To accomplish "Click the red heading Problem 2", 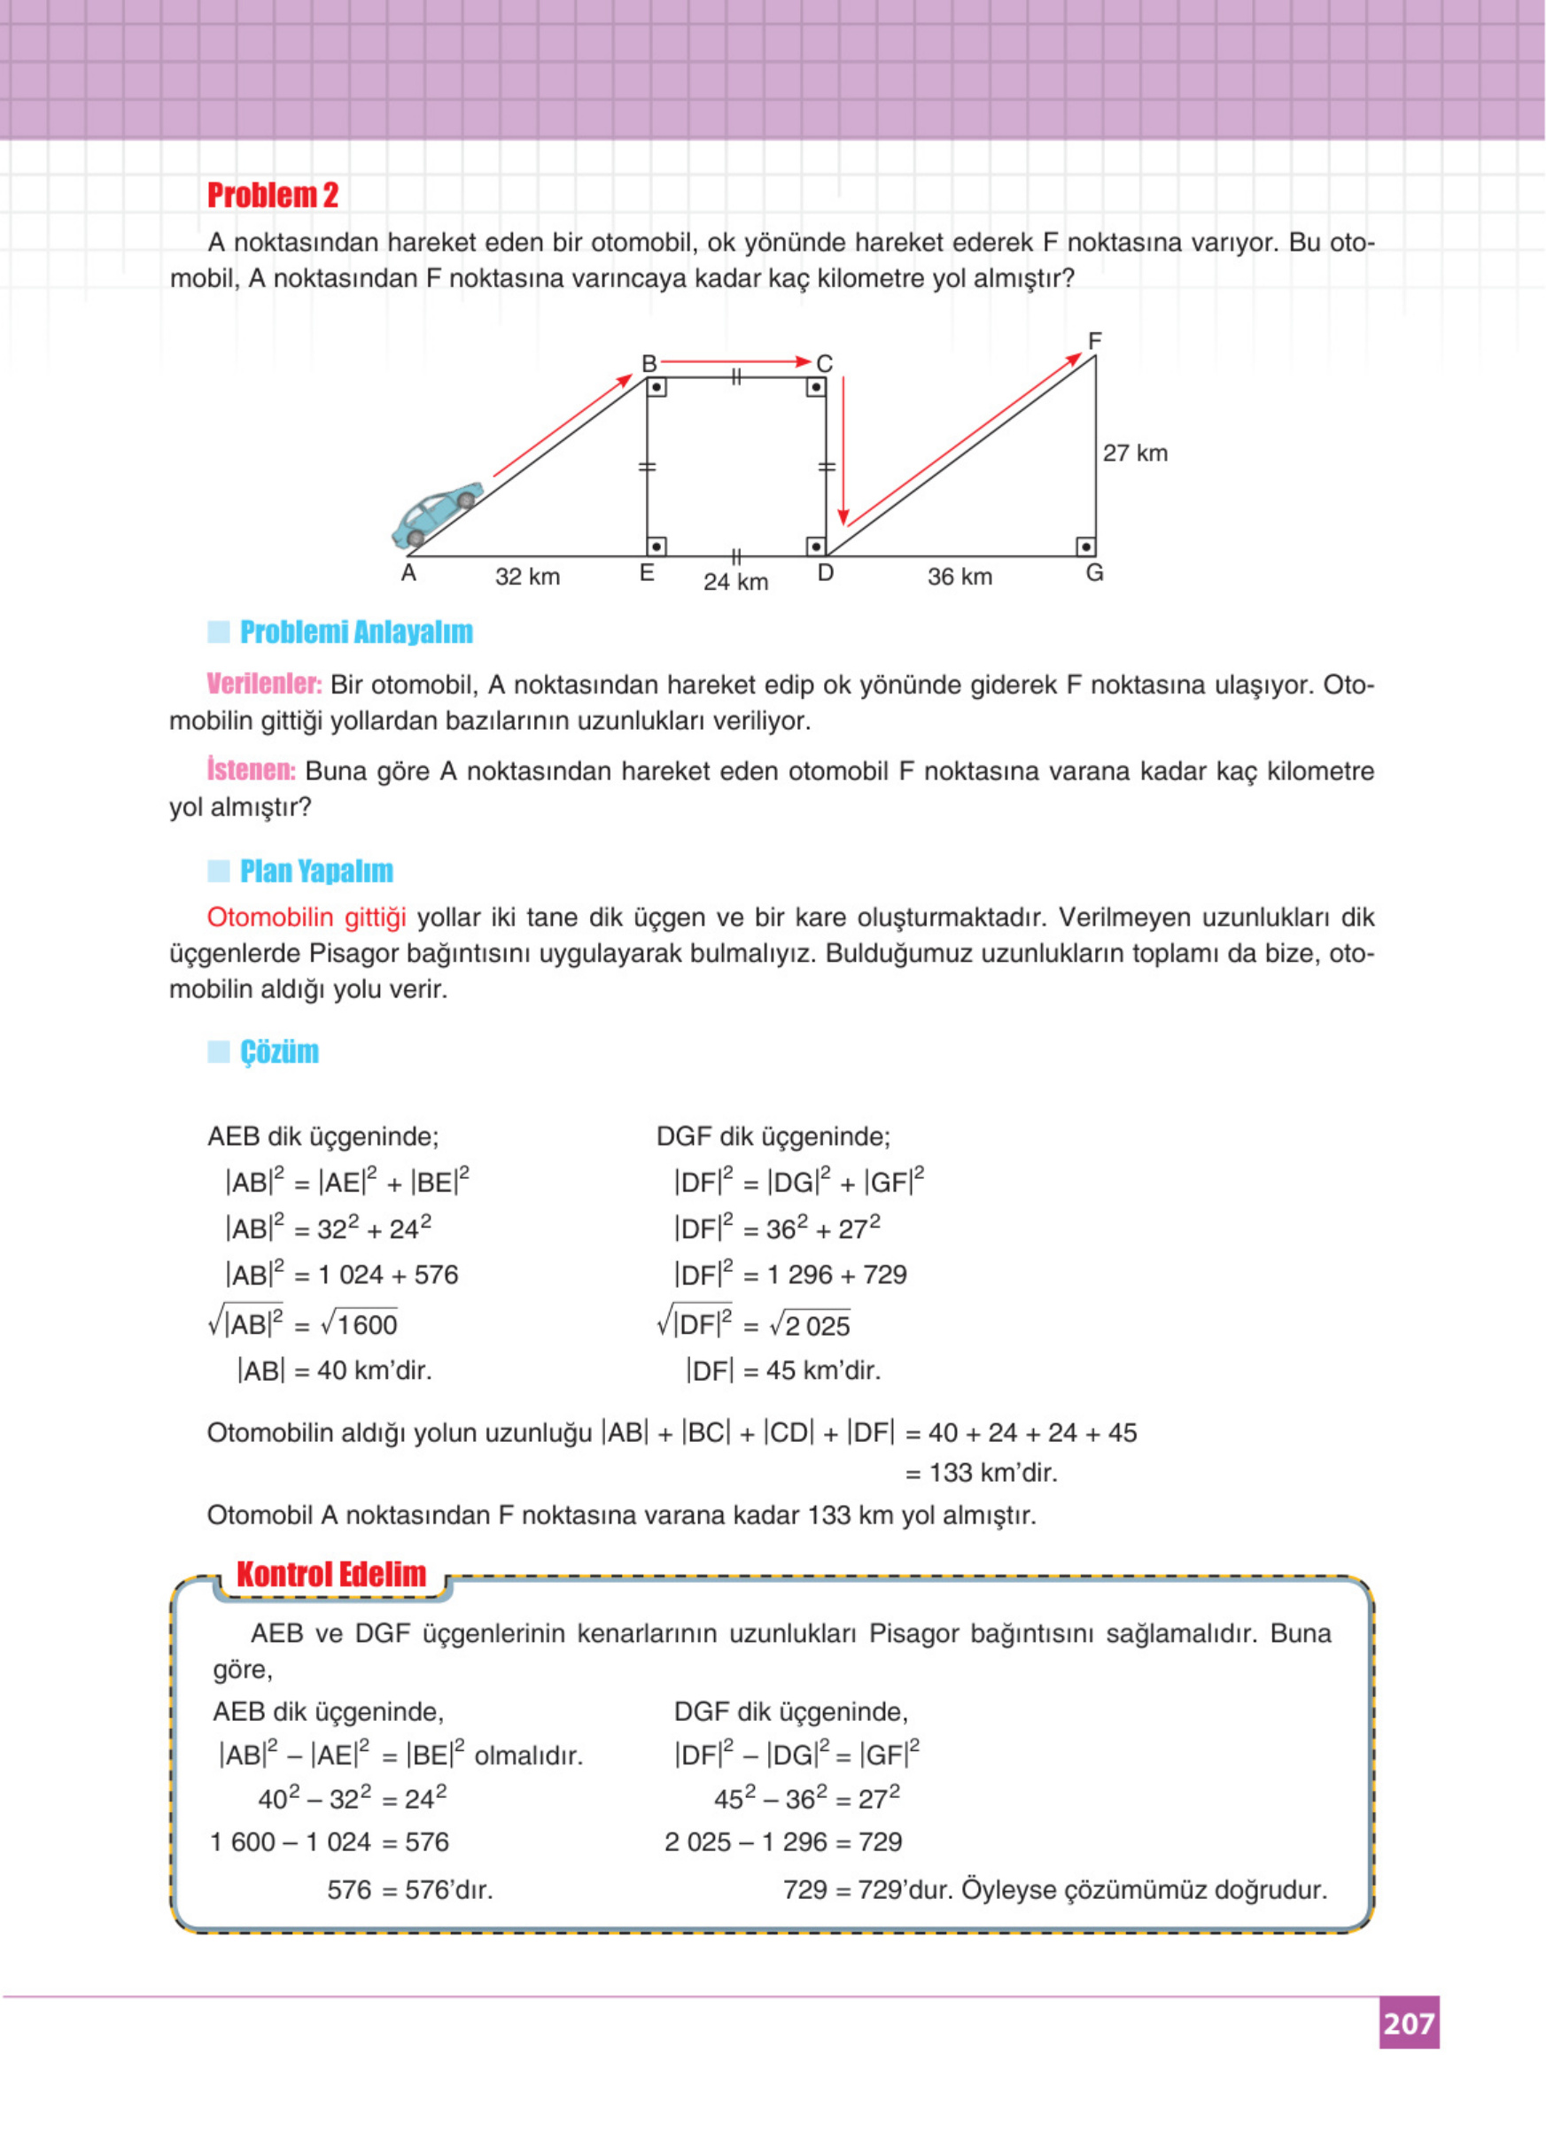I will point(273,195).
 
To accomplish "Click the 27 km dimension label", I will point(1134,453).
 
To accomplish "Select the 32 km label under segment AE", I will point(527,577).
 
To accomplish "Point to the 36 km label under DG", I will point(959,577).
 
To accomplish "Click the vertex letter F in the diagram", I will point(1094,341).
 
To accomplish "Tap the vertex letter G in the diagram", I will point(1094,573).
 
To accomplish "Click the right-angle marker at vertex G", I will point(1086,546).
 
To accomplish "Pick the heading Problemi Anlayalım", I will point(355,632).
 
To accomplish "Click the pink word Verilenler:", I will point(264,684).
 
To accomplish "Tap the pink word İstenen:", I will point(251,770).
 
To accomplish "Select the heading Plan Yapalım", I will point(315,871).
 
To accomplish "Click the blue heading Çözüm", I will point(278,1051).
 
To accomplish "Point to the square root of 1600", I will point(360,1323).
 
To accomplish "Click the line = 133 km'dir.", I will point(981,1473).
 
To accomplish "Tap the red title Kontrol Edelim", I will point(330,1574).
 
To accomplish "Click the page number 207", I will point(1408,2023).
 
